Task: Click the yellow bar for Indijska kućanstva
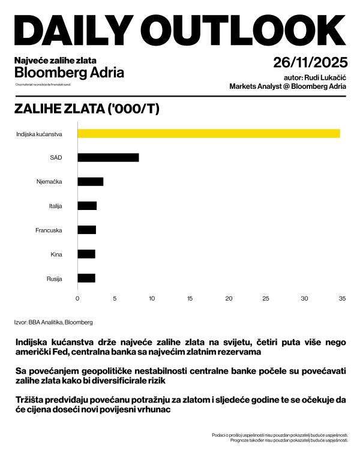pos(209,133)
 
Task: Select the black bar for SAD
pos(108,157)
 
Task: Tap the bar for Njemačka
pos(91,181)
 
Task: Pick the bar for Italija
pos(87,206)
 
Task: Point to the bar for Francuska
pos(87,230)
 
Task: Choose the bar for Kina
pos(86,254)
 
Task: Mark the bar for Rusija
pos(86,278)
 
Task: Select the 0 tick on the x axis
pos(77,298)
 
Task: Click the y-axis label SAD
pos(56,157)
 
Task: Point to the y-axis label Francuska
pos(50,230)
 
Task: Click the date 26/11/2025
pos(309,63)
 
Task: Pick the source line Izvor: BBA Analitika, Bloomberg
pos(53,322)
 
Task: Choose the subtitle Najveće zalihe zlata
pos(55,60)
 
